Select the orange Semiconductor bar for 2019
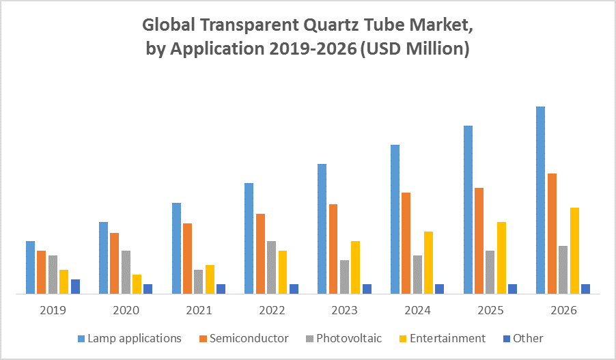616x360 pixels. (x=42, y=272)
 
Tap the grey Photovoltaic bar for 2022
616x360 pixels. (x=271, y=267)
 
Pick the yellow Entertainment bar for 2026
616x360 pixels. (x=574, y=250)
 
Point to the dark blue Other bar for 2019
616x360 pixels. (x=75, y=286)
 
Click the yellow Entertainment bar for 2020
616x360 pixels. (x=137, y=283)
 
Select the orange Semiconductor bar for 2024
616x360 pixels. (x=406, y=243)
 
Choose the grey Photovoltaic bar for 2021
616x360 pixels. (x=198, y=281)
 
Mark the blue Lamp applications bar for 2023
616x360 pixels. (x=322, y=229)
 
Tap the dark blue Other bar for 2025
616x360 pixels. (x=512, y=289)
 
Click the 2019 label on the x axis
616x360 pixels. (x=53, y=310)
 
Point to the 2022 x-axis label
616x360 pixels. (x=272, y=310)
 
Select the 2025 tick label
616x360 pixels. (x=490, y=310)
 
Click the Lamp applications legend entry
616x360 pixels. (x=134, y=338)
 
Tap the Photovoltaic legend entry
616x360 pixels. (x=348, y=338)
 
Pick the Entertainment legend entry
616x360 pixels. (x=447, y=338)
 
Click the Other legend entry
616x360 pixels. (x=528, y=338)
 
